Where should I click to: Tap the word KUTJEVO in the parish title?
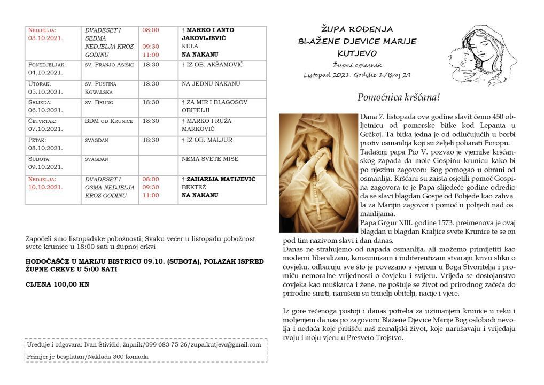[357, 53]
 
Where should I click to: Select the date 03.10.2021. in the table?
[45, 38]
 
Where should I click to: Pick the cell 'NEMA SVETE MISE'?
[210, 159]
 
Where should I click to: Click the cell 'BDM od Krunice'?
[108, 121]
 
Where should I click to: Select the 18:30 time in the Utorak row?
[151, 84]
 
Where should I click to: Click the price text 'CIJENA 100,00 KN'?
[57, 284]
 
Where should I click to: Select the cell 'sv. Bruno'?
[99, 102]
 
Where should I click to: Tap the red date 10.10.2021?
[45, 187]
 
